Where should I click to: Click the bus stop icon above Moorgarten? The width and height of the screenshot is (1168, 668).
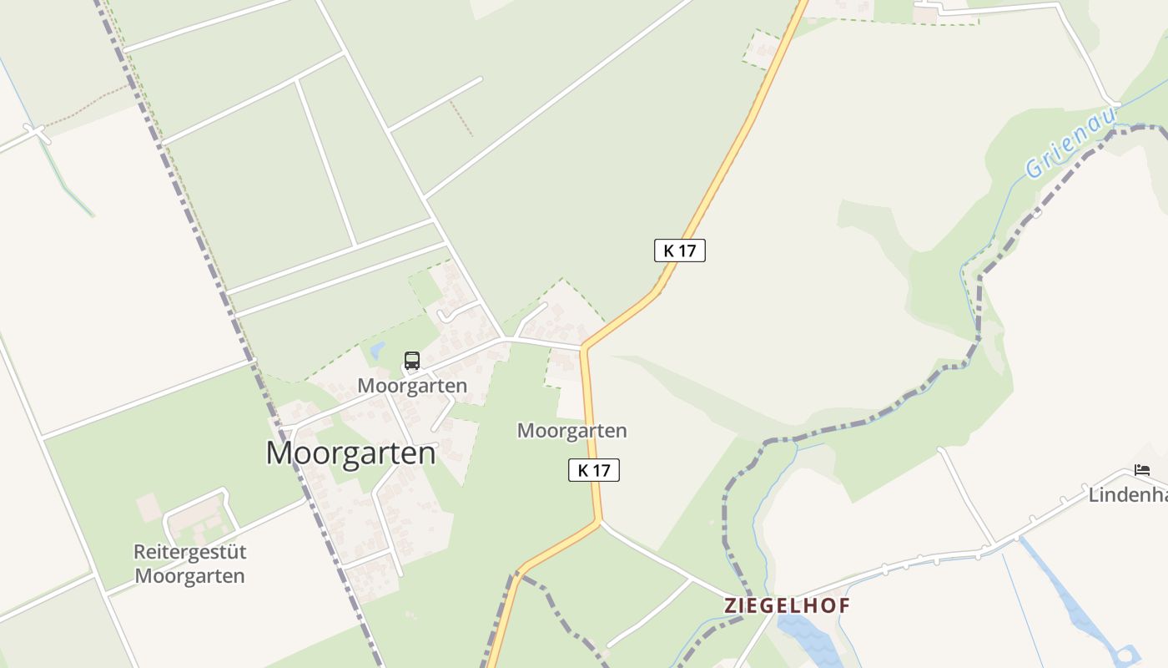coord(412,361)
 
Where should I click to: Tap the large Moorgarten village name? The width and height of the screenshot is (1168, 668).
coord(350,453)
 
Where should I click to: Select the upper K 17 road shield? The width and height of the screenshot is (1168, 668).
coord(680,250)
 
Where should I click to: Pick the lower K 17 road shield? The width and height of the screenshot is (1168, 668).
coord(594,470)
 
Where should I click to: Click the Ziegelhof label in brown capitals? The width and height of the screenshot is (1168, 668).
coord(787,605)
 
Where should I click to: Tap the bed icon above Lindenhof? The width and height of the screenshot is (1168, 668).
coord(1142,470)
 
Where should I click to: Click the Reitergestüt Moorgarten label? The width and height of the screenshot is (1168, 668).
coord(189,564)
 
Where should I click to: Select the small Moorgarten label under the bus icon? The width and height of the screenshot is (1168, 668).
coord(412,386)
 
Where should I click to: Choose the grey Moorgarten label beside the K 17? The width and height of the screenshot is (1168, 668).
coord(572,431)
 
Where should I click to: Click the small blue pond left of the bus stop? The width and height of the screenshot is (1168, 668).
coord(377,349)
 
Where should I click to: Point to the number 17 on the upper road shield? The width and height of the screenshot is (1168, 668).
coord(687,250)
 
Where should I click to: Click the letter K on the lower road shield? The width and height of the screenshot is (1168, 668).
coord(583,470)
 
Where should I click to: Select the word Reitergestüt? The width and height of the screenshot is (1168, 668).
coord(189,552)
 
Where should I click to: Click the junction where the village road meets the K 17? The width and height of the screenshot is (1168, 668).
coord(584,347)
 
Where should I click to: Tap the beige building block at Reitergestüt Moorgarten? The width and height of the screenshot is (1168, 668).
coord(149,506)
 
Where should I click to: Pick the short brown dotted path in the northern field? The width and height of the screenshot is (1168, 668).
coord(461,118)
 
